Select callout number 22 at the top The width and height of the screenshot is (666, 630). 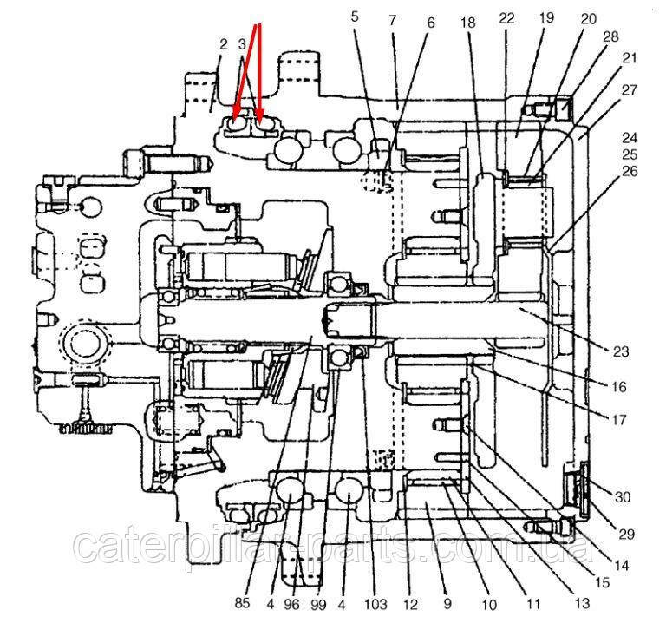507,18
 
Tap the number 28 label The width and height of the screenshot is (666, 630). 610,36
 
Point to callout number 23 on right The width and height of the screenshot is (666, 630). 620,351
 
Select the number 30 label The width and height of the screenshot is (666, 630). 623,497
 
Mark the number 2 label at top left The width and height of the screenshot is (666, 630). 224,43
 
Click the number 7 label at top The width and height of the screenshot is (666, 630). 392,18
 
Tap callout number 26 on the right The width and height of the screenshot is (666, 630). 629,171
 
